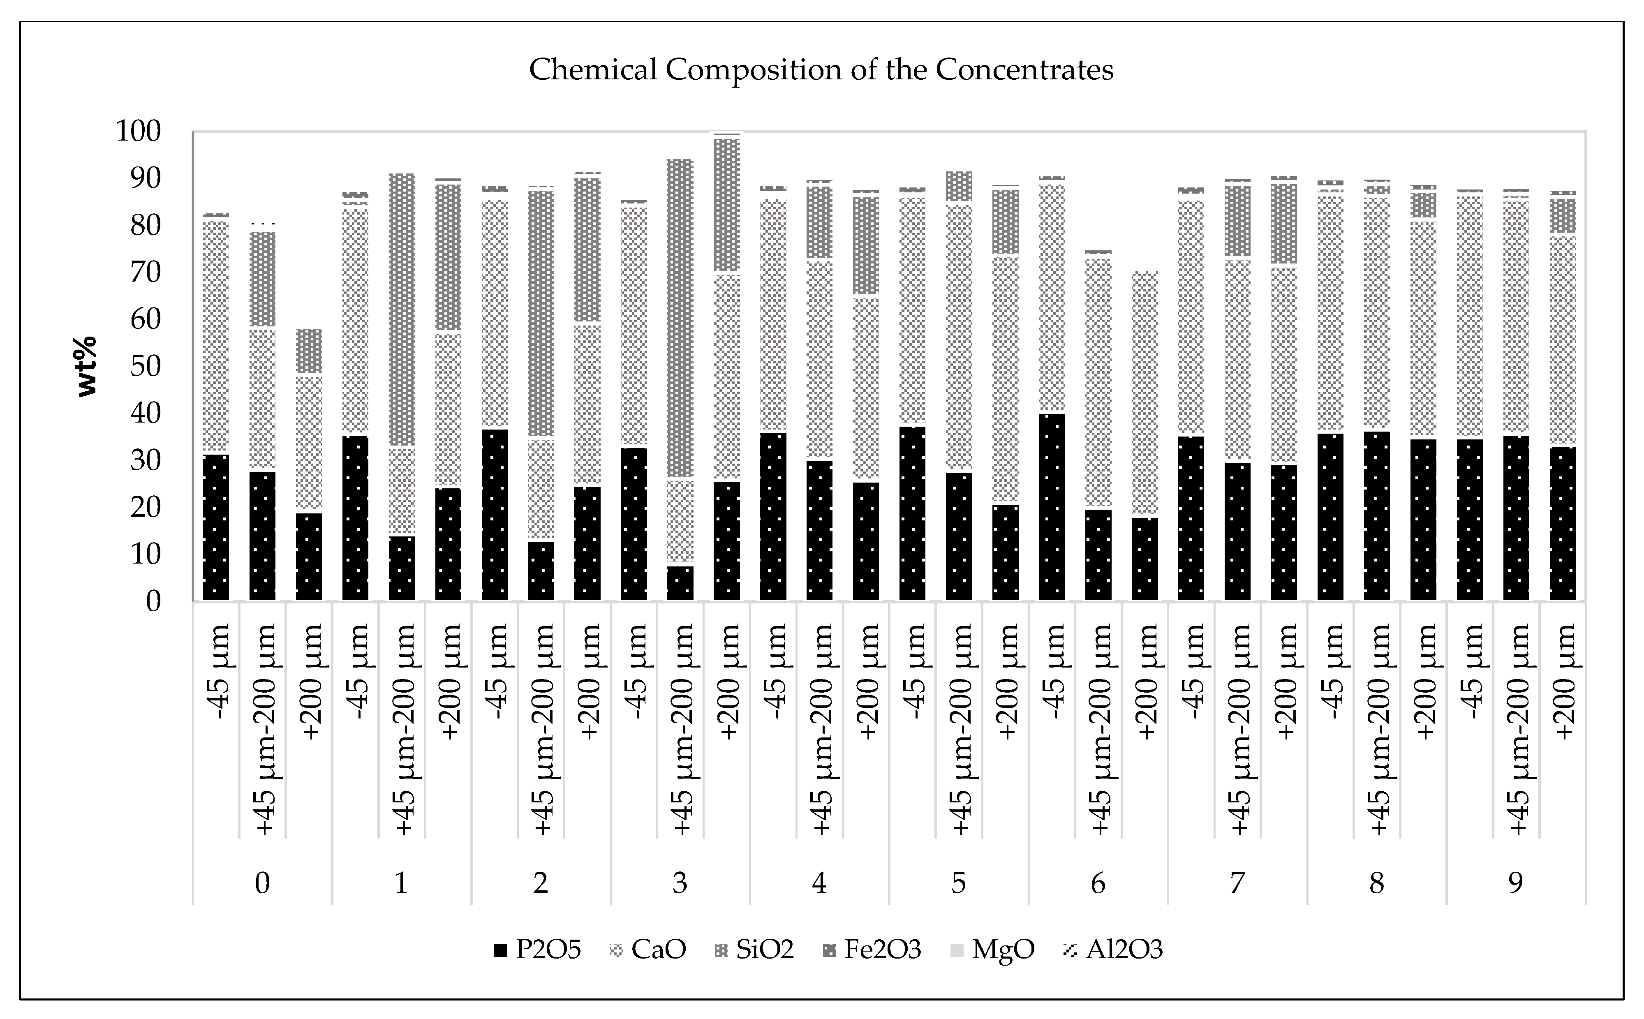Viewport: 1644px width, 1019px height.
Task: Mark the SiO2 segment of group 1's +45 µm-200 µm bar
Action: [402, 310]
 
